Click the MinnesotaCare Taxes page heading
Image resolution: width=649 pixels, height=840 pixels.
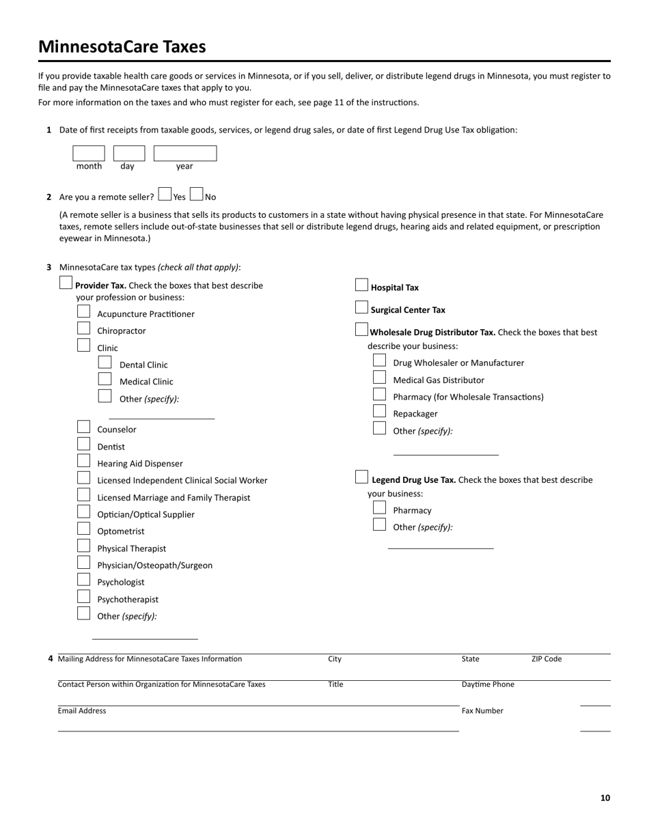pos(122,46)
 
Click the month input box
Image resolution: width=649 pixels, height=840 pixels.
pos(89,153)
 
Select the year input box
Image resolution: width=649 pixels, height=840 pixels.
pos(184,153)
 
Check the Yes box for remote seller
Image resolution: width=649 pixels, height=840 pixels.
pos(165,195)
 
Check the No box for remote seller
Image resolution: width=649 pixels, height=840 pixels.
pos(197,195)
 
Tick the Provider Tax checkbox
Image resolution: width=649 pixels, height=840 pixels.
pos(66,283)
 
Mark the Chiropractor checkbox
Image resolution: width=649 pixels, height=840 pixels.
pos(83,328)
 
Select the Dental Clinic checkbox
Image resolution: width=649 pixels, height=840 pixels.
pos(105,362)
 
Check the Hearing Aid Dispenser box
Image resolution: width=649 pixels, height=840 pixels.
pos(83,461)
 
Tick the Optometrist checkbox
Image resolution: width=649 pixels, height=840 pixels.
pos(83,529)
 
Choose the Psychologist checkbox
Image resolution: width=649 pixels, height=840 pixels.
pos(83,580)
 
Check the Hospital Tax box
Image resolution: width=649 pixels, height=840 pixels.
pos(361,285)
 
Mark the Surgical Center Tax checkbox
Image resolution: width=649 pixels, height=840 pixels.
pos(361,307)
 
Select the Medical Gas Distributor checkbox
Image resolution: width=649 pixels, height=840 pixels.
pos(379,377)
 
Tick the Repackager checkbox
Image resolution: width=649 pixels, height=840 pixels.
pos(379,411)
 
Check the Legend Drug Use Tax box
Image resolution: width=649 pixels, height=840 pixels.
pos(361,477)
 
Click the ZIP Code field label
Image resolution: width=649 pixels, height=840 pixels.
pos(547,659)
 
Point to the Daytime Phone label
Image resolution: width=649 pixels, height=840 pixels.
pos(488,684)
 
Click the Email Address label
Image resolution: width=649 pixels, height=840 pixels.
pos(82,711)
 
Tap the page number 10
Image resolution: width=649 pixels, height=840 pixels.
pos(605,798)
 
